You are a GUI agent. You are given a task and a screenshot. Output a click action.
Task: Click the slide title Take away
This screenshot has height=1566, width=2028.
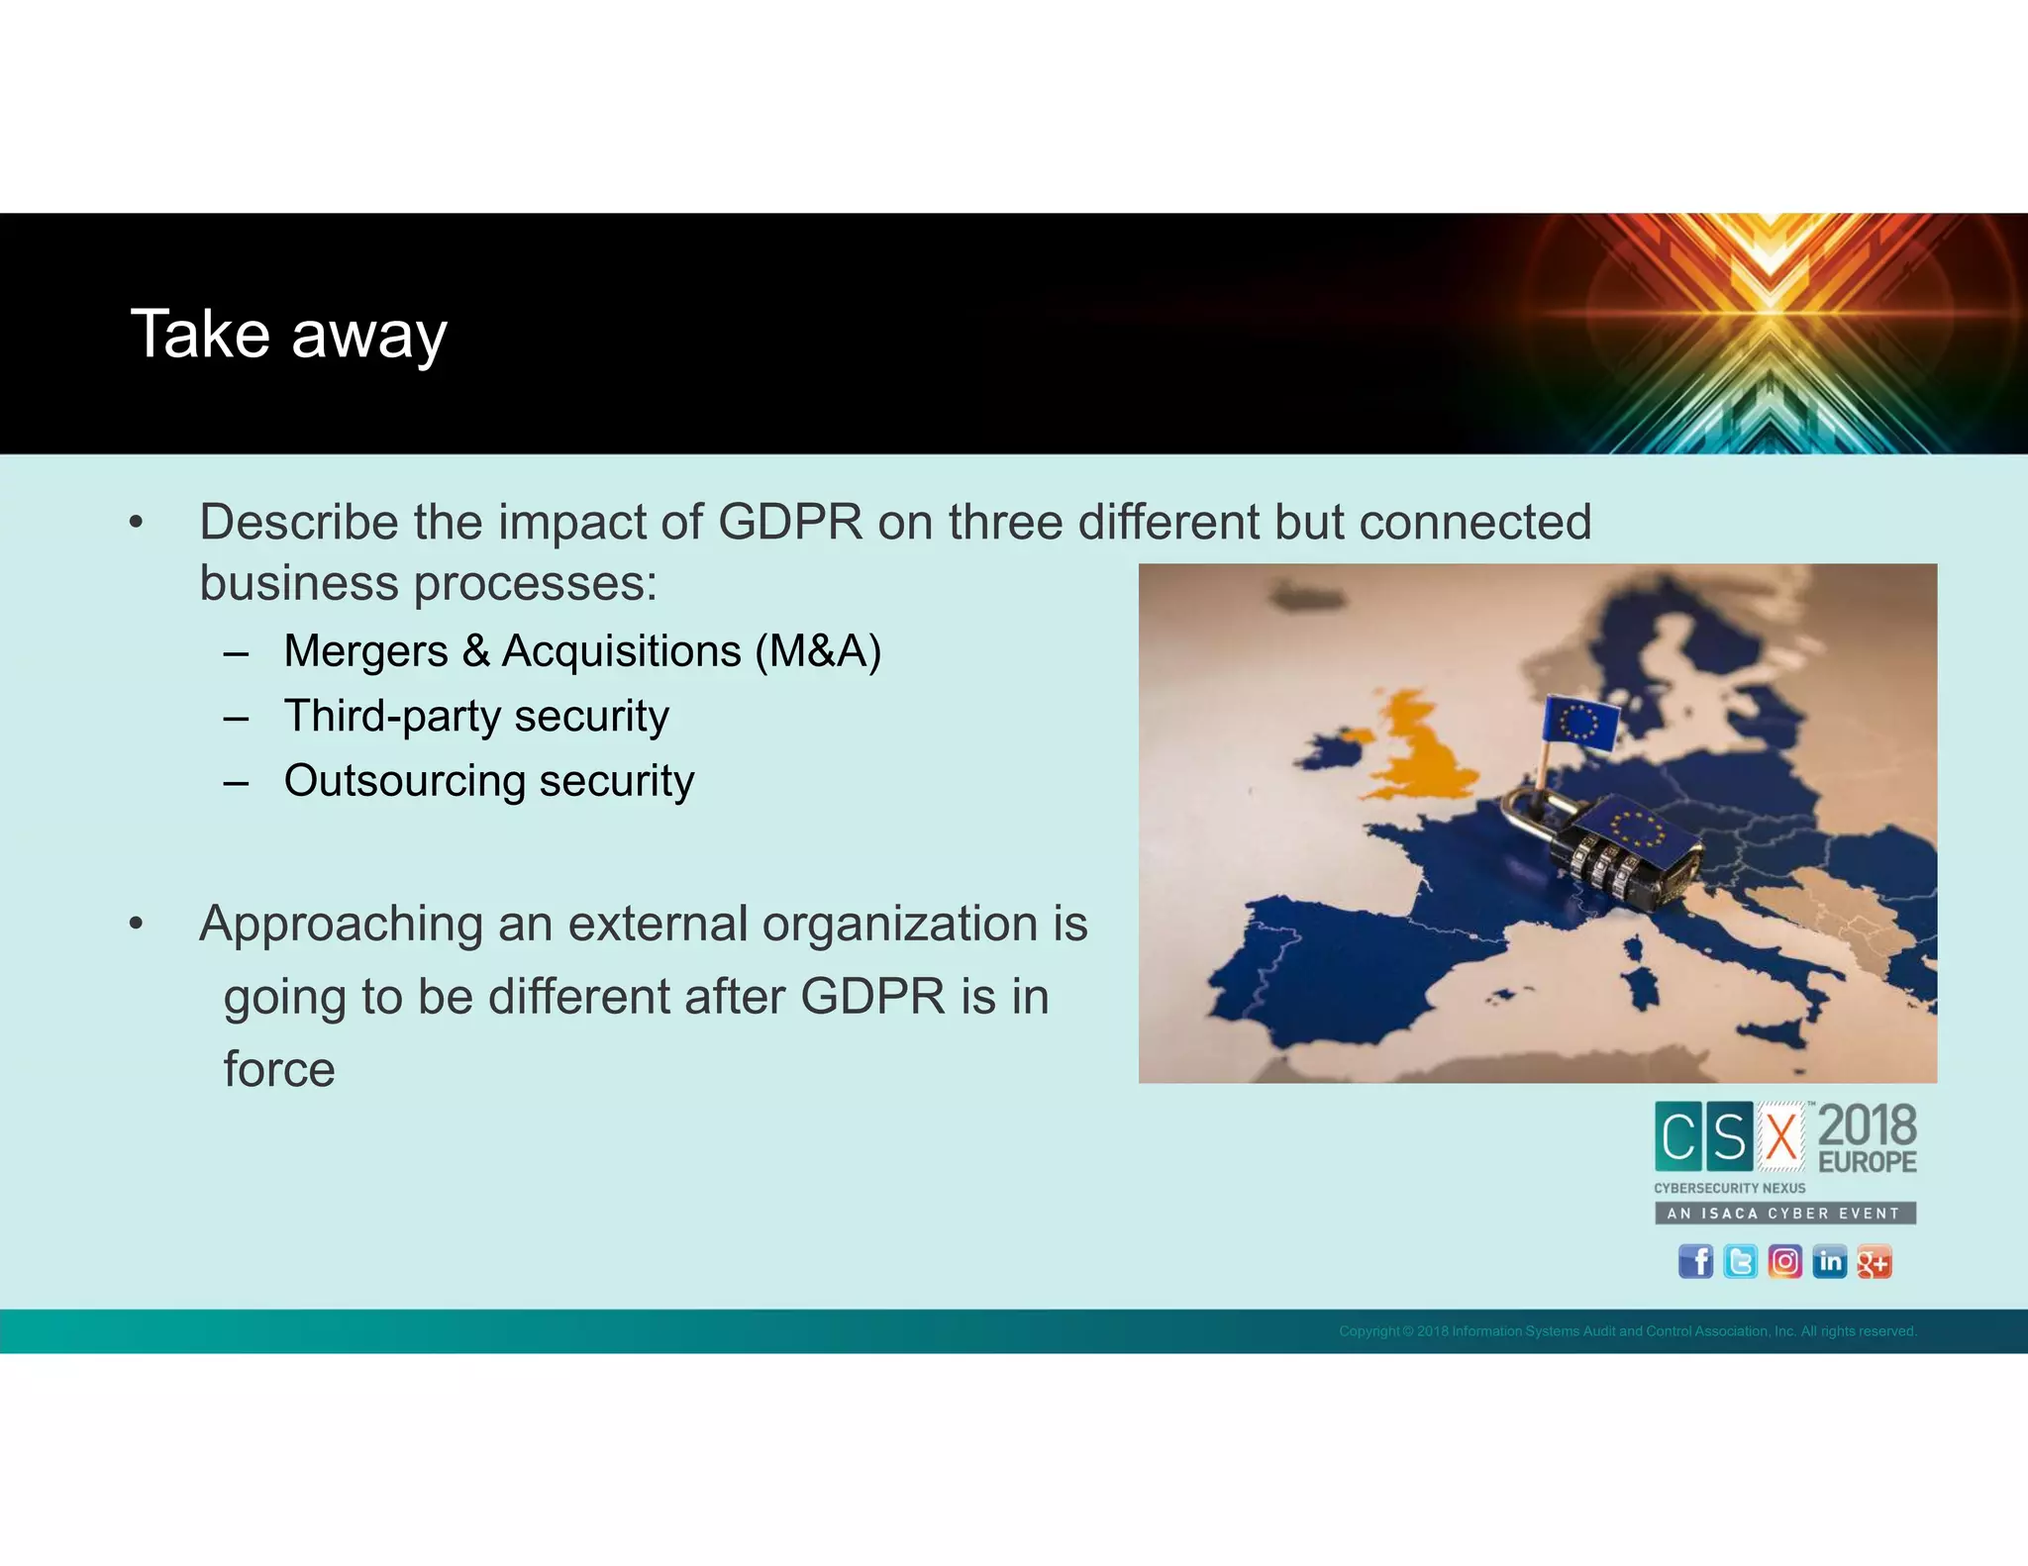click(x=288, y=335)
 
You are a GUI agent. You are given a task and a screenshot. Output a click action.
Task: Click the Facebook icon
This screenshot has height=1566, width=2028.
click(x=1695, y=1261)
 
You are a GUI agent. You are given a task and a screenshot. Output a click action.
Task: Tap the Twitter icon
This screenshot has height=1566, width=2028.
click(x=1740, y=1261)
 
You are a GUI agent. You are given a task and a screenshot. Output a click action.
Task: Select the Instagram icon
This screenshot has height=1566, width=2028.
click(x=1784, y=1261)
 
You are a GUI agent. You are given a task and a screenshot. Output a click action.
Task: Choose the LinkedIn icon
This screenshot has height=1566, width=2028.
click(x=1829, y=1261)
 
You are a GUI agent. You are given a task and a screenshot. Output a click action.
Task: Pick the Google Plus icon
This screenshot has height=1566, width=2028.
click(x=1874, y=1262)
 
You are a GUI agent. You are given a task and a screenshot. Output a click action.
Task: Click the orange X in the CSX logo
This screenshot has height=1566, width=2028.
click(x=1781, y=1136)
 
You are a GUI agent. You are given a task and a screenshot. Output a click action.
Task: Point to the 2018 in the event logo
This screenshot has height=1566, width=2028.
click(x=1868, y=1126)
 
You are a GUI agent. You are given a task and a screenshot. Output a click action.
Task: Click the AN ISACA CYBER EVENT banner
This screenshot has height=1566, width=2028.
click(x=1784, y=1213)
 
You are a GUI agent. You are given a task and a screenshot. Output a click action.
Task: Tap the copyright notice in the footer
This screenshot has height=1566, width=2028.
click(x=1627, y=1331)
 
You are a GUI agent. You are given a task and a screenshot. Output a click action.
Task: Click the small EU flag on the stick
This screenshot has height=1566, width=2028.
click(x=1580, y=721)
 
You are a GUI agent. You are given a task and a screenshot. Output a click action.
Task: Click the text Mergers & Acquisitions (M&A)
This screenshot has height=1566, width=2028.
click(x=582, y=651)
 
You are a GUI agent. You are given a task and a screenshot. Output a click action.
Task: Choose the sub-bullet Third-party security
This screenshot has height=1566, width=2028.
click(x=476, y=716)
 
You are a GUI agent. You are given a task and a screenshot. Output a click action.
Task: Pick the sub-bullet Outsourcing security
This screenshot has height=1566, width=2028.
click(x=489, y=781)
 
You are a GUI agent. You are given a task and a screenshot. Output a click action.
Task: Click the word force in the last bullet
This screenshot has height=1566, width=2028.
click(x=279, y=1069)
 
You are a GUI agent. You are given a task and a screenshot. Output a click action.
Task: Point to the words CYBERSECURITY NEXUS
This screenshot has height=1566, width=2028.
click(x=1729, y=1188)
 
